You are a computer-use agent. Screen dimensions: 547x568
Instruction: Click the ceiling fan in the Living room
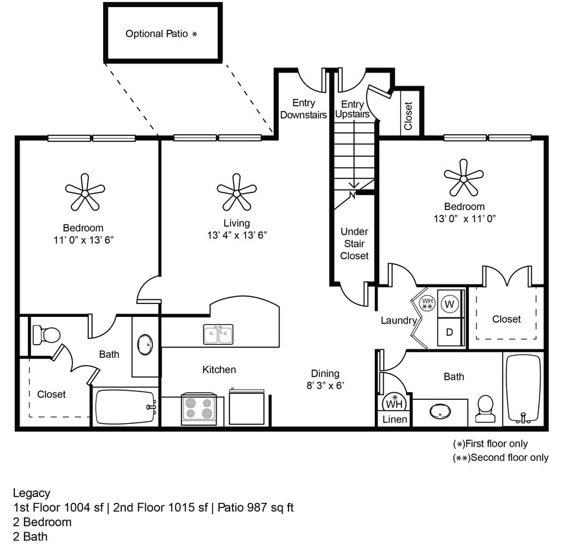click(x=237, y=192)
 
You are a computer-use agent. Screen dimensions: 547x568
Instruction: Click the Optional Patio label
click(x=161, y=34)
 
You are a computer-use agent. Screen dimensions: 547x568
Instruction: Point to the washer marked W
click(x=450, y=303)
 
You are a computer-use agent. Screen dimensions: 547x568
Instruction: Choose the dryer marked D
click(x=450, y=332)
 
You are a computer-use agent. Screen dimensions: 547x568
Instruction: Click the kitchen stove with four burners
click(x=199, y=408)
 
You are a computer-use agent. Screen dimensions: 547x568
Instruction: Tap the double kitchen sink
click(x=219, y=334)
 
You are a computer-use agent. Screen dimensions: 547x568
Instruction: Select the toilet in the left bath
click(x=46, y=334)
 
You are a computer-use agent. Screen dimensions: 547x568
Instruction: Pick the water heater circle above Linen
click(x=394, y=402)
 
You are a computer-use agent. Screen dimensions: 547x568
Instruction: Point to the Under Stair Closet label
click(x=354, y=244)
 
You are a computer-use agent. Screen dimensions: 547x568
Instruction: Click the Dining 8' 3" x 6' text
click(x=325, y=379)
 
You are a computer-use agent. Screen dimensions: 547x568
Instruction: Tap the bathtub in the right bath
click(x=523, y=388)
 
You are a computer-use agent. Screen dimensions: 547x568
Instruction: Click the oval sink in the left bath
click(x=145, y=344)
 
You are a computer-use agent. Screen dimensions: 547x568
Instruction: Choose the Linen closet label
click(x=394, y=419)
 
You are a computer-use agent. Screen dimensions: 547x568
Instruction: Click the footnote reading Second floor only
click(x=501, y=458)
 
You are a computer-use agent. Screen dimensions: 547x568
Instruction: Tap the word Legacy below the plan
click(x=32, y=493)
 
